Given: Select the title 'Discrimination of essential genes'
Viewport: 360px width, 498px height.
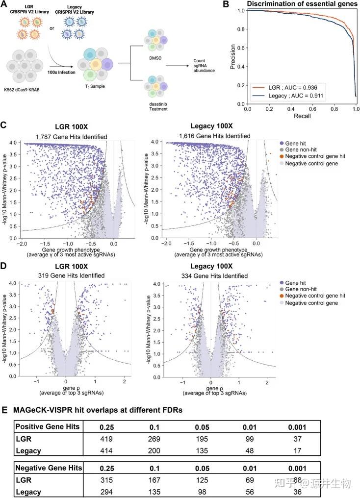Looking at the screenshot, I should (302, 4).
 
